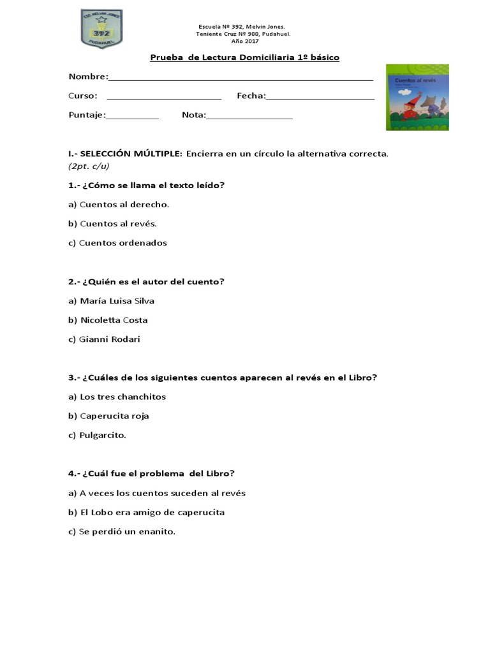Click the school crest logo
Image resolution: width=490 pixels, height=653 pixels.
[x=101, y=29]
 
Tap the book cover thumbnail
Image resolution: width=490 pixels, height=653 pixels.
[x=418, y=97]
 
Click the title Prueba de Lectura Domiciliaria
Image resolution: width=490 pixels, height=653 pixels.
[x=244, y=57]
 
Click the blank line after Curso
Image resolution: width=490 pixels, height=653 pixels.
[x=164, y=98]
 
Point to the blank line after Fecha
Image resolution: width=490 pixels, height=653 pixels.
[x=320, y=98]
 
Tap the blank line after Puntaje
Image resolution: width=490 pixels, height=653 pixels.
[x=132, y=117]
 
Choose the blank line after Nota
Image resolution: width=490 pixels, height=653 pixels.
[x=249, y=117]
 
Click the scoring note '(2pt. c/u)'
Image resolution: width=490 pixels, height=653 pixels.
[x=89, y=166]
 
